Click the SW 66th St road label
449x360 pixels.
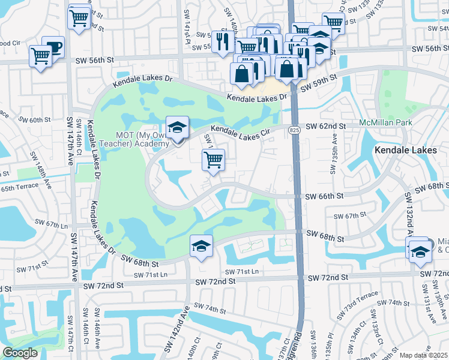(324, 196)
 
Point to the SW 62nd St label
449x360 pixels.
(326, 127)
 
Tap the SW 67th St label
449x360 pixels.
(350, 216)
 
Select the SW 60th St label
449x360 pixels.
(35, 120)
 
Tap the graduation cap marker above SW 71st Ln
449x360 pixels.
(202, 245)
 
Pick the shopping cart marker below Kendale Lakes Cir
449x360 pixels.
(213, 160)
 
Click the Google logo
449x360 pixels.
(20, 353)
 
